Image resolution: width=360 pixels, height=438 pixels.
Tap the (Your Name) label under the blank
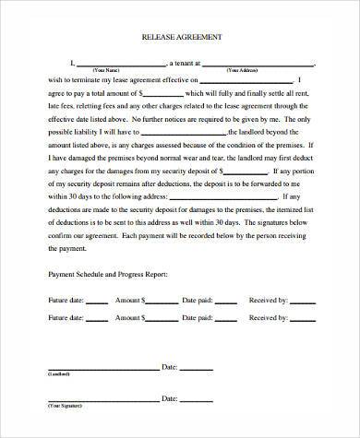tap(107, 70)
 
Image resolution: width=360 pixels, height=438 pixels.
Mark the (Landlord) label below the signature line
tap(57, 374)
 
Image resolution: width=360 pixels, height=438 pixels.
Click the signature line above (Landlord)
tap(102, 369)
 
